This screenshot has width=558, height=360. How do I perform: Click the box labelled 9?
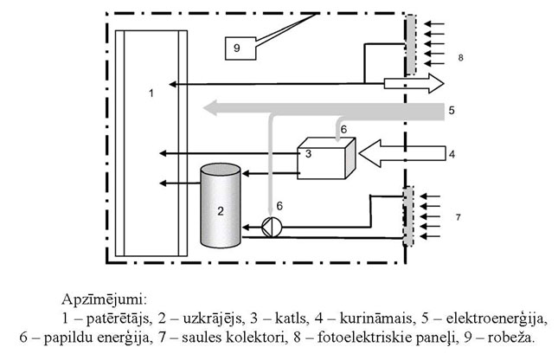236,48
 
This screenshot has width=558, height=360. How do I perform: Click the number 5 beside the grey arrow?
451,110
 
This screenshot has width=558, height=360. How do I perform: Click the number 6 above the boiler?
343,128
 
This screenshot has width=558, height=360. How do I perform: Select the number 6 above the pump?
279,205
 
